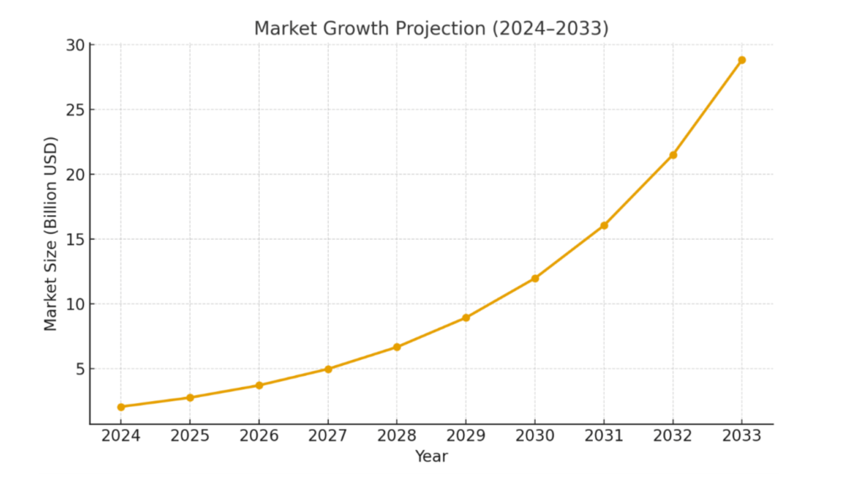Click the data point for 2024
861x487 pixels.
click(121, 407)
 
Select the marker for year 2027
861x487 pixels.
click(328, 369)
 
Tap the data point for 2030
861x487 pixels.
click(535, 278)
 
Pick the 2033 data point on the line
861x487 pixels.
click(742, 60)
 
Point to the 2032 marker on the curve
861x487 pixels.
click(673, 155)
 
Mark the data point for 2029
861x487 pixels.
click(466, 318)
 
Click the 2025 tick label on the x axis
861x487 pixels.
click(190, 436)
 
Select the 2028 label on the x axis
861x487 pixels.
click(397, 436)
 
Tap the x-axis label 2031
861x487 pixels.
click(604, 436)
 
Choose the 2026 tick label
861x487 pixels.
click(259, 436)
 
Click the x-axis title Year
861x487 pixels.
click(431, 457)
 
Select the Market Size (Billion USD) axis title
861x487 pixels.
click(51, 234)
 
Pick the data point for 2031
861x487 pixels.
click(604, 225)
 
